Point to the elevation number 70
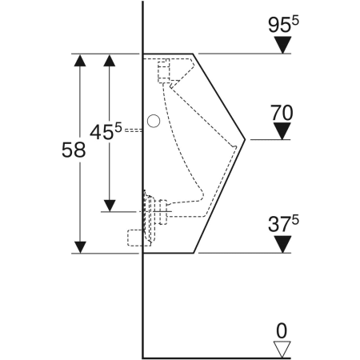281,113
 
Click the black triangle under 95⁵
280,46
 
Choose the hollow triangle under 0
280,347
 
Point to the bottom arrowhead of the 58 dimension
80,246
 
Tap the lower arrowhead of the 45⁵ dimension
110,206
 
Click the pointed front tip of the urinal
244,139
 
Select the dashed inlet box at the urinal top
166,71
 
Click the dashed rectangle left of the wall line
134,237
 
